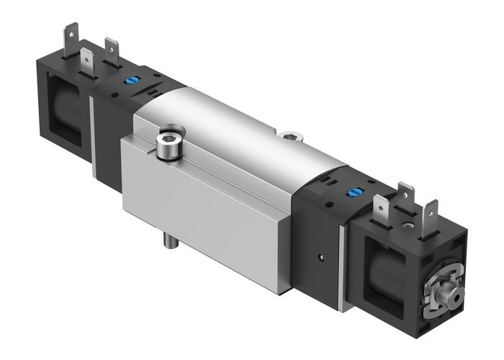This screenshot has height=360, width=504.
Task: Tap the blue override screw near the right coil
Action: tap(353, 192)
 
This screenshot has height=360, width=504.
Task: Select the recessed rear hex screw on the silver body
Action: tap(289, 134)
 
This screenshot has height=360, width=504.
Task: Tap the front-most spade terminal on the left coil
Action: tap(87, 58)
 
